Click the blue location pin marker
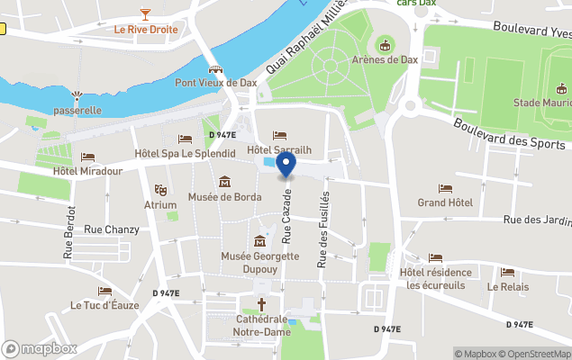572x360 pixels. [x=286, y=165]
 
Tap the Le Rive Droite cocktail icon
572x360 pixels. [x=145, y=13]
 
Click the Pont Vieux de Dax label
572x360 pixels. [x=215, y=82]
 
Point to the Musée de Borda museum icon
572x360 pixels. [x=224, y=181]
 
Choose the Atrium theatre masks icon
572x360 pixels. [x=160, y=190]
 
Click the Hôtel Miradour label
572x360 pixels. [x=87, y=171]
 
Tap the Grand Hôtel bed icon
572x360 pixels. [x=445, y=189]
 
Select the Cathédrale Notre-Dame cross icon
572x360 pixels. [x=262, y=305]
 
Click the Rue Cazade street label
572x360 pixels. [x=287, y=216]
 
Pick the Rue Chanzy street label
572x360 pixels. [x=111, y=229]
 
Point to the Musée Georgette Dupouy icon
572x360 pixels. [x=260, y=241]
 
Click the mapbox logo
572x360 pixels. [x=40, y=348]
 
